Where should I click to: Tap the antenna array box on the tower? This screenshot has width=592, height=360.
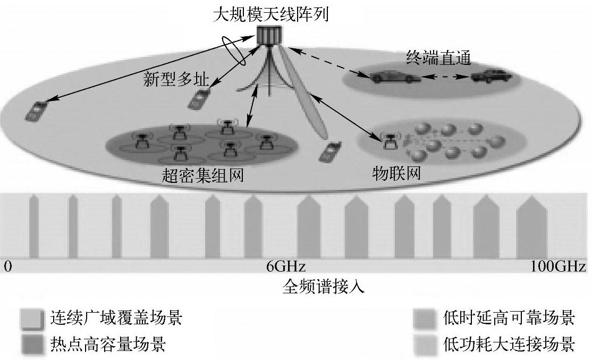pos(270,35)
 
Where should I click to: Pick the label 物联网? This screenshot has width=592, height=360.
pos(396,173)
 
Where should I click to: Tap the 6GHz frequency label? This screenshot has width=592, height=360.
pos(286,266)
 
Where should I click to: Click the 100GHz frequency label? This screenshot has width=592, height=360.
pos(558,266)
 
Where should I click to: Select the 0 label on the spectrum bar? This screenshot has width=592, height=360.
pos(7,266)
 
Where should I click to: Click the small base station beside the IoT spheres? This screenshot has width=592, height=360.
pos(391,140)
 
